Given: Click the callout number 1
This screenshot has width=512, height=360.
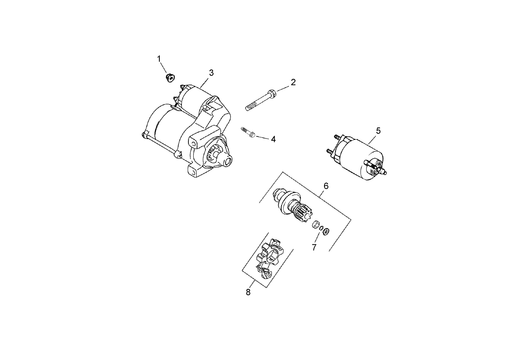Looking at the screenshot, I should [x=159, y=59].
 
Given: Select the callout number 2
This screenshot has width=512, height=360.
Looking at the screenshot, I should [x=293, y=82].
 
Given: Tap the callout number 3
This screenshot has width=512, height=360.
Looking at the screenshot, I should [x=211, y=73].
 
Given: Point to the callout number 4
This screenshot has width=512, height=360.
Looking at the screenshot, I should [x=273, y=139].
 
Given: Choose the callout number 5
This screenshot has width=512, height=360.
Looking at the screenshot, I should [x=378, y=131].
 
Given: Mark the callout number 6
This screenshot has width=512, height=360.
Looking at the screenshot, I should [x=326, y=186].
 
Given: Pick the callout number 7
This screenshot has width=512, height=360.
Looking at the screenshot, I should [x=314, y=247].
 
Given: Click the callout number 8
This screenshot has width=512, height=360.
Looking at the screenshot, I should [x=248, y=292].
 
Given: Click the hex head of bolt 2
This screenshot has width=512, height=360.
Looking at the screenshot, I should [x=273, y=94].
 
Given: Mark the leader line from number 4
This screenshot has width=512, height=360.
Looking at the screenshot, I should [x=263, y=137].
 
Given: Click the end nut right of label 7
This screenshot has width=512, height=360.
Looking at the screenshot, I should [x=326, y=232].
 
